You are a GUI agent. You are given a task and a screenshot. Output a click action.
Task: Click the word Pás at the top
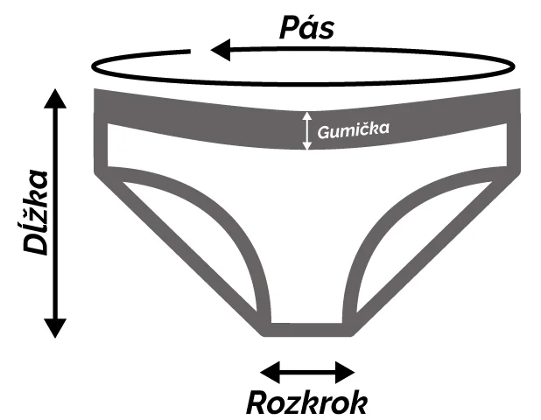(306, 26)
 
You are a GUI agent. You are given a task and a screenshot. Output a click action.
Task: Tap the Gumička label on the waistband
(353, 130)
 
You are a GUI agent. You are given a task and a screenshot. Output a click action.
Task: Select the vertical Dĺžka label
(35, 212)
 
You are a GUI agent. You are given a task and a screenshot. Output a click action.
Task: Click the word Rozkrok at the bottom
(306, 402)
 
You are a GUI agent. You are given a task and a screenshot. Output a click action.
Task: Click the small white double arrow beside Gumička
(306, 130)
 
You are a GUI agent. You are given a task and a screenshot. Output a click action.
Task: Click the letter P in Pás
(289, 27)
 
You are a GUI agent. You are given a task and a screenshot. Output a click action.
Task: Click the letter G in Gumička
(322, 131)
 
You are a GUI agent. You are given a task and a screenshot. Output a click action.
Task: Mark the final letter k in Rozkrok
(357, 402)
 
